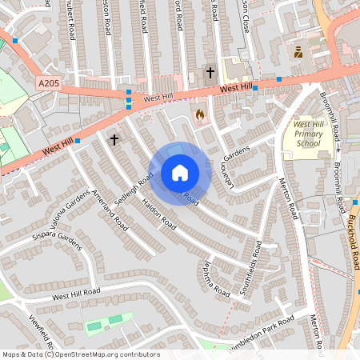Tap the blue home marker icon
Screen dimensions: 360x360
pyautogui.click(x=180, y=173)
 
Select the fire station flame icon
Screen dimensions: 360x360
pyautogui.click(x=199, y=114)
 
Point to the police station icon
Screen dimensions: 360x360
pyautogui.click(x=298, y=53)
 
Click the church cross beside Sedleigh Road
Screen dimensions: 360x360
pyautogui.click(x=114, y=140)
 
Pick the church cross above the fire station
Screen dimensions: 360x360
pyautogui.click(x=210, y=73)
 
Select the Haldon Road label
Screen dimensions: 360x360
pyautogui.click(x=159, y=214)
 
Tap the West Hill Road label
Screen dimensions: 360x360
pyautogui.click(x=77, y=295)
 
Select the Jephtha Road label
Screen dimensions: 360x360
pyautogui.click(x=217, y=278)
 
